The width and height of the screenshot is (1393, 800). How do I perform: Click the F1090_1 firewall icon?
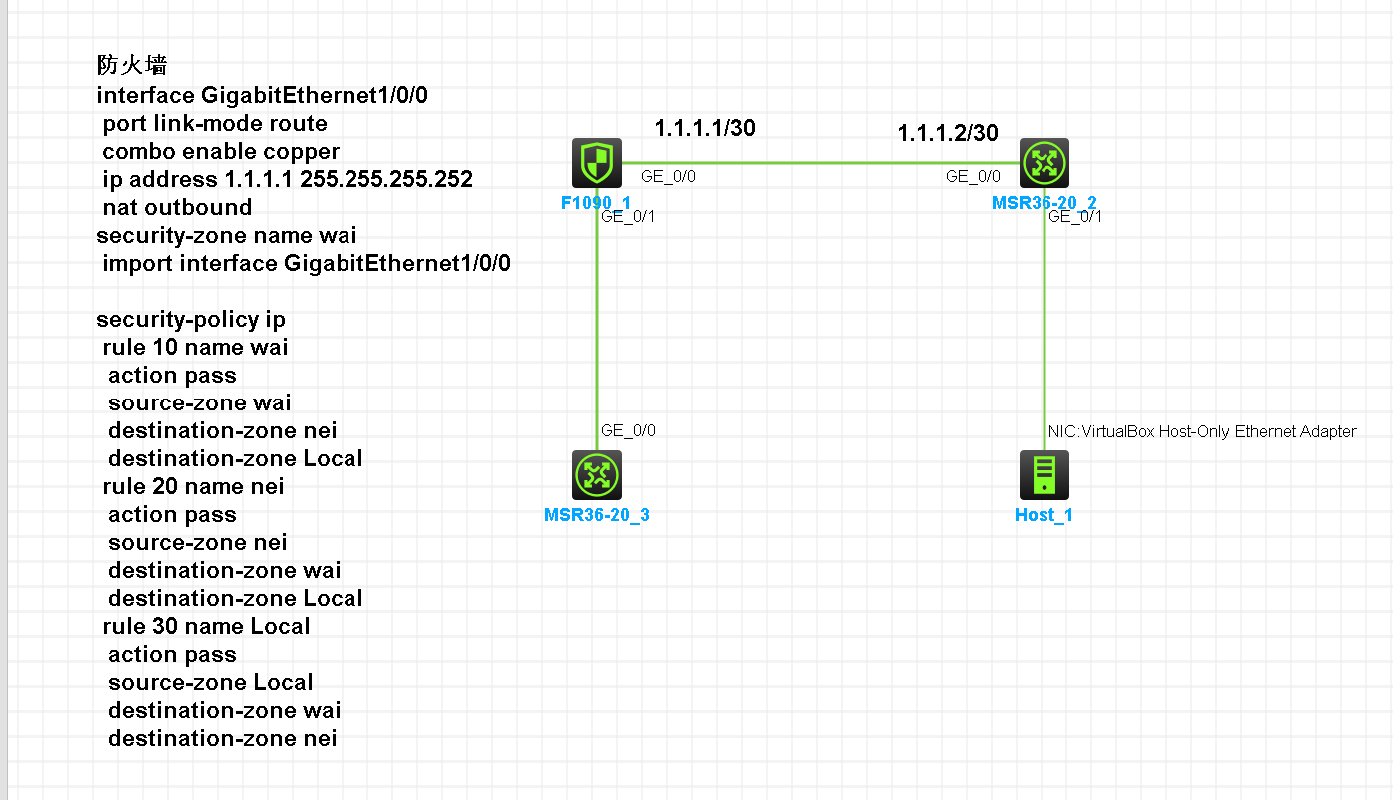597,163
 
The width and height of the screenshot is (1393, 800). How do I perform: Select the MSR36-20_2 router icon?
1045,163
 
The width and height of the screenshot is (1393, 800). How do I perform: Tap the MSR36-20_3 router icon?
597,475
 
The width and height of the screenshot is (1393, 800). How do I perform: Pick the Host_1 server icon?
1045,475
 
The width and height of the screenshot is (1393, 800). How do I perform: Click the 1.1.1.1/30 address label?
705,128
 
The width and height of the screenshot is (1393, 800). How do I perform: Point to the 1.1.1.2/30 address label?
948,133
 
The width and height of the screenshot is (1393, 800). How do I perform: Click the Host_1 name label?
1044,515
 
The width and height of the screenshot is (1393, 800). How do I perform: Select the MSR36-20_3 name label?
597,515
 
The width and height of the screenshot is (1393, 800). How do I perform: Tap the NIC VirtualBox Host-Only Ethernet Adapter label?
1202,431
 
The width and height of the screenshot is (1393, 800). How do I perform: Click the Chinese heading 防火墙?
131,66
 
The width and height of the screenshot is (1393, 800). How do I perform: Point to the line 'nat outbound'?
177,207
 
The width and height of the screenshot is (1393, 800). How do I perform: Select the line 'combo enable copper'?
221,151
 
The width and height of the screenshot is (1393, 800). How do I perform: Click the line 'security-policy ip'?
191,319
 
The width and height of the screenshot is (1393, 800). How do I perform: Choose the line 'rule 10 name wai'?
195,347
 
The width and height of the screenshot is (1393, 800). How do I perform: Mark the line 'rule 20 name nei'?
193,486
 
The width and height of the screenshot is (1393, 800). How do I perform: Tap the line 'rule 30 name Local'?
206,626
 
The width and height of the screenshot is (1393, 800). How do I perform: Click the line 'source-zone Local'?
210,682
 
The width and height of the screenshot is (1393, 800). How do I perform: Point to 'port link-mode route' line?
215,123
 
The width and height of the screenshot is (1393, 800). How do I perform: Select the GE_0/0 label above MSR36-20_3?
628,430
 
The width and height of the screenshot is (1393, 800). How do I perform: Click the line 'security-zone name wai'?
226,235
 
